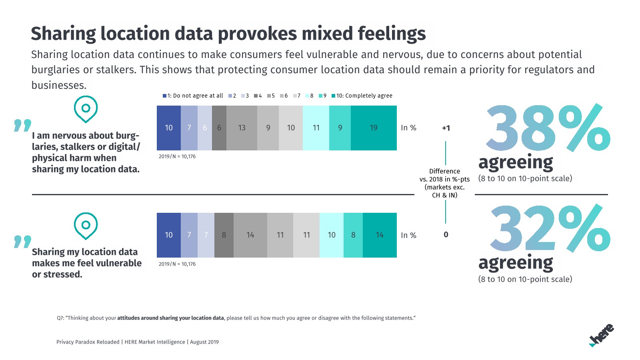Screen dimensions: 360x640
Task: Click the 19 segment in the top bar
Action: click(x=374, y=128)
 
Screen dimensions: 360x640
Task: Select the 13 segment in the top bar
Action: click(x=242, y=128)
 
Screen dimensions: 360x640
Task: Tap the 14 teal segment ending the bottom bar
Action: click(x=380, y=235)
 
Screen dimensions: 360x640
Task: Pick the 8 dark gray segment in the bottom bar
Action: click(x=224, y=235)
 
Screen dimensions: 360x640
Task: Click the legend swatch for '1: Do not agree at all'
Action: click(x=164, y=96)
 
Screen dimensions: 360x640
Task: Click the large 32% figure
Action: click(x=550, y=229)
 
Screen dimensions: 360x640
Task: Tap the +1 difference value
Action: click(x=446, y=128)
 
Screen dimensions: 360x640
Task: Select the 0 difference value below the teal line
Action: click(x=446, y=235)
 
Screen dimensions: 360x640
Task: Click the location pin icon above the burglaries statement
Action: click(x=86, y=109)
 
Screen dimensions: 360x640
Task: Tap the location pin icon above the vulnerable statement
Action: click(x=86, y=226)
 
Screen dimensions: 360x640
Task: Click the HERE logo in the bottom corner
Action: click(x=602, y=335)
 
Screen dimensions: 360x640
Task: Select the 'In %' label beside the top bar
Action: click(x=408, y=128)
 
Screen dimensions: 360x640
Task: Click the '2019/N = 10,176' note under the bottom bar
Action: click(x=177, y=264)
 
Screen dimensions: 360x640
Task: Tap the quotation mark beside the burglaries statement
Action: click(x=22, y=125)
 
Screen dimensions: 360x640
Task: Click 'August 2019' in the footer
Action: click(x=204, y=342)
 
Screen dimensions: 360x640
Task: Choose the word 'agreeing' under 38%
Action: click(x=516, y=163)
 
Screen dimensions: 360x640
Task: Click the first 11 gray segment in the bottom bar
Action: click(x=280, y=235)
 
